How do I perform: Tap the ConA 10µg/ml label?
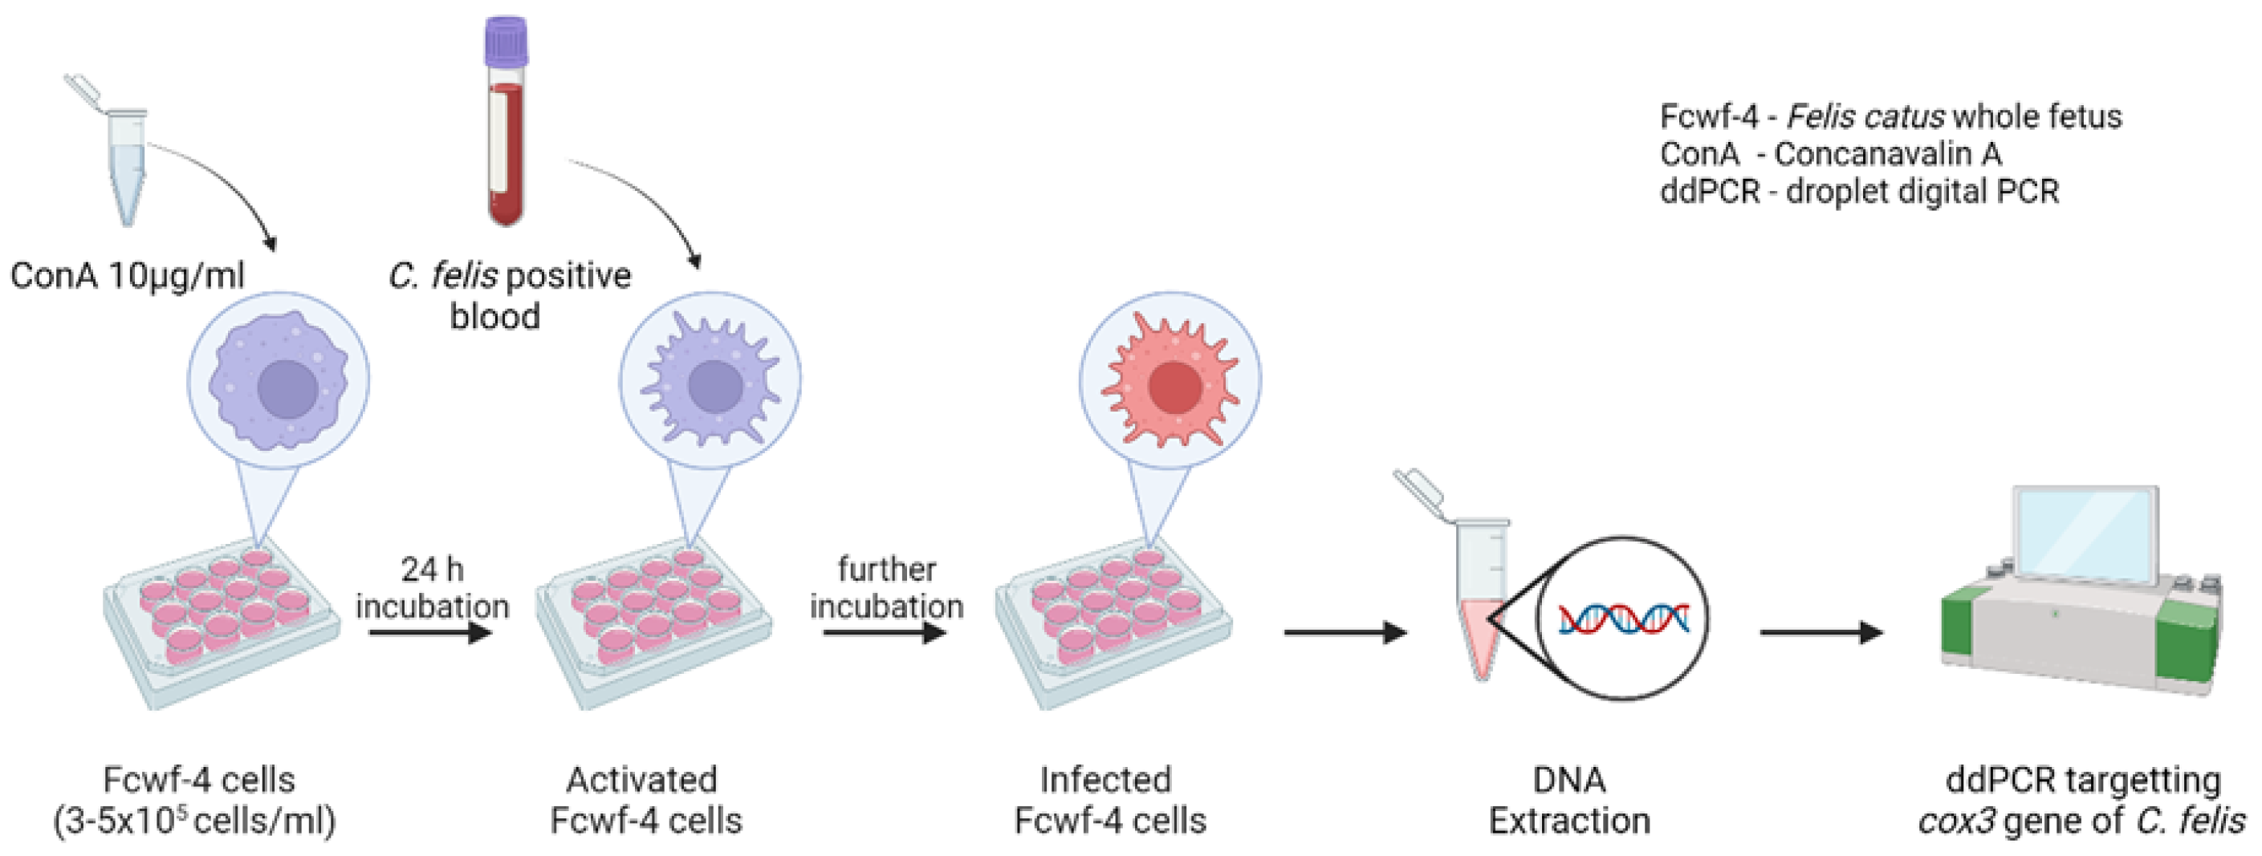click(128, 276)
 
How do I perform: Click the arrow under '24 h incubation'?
click(430, 632)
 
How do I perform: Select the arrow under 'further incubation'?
click(885, 632)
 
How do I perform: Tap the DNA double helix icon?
click(1624, 619)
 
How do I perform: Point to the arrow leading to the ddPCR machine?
click(1821, 632)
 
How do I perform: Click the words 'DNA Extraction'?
click(1569, 800)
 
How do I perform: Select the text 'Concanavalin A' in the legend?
click(1888, 154)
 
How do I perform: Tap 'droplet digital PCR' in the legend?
click(1922, 192)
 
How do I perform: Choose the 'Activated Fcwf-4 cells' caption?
click(645, 800)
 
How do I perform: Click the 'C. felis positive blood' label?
click(509, 295)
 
